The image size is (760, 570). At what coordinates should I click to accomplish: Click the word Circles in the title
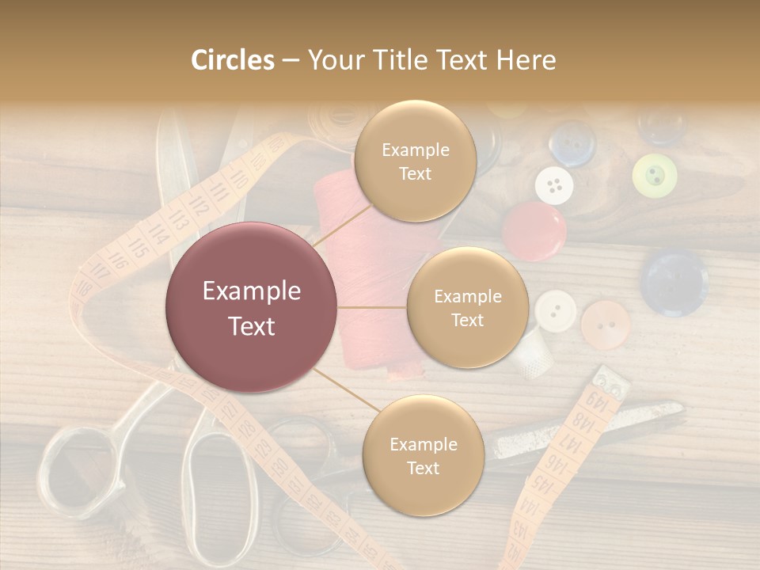coord(232,60)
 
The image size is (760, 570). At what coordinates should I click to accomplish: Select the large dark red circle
coord(252,308)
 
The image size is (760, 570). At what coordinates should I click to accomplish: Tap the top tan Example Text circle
coord(415,161)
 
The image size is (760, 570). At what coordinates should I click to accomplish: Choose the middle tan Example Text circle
coord(467,308)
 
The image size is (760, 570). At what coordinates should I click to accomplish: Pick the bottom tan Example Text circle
coord(423,455)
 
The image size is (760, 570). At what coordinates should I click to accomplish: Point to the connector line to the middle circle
coord(372,307)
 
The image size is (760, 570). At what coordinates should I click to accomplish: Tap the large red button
coord(534,230)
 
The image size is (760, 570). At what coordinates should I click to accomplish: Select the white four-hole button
coord(554,185)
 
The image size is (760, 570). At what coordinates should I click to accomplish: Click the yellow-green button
coord(655,175)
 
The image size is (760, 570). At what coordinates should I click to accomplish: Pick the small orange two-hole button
coord(606,325)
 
